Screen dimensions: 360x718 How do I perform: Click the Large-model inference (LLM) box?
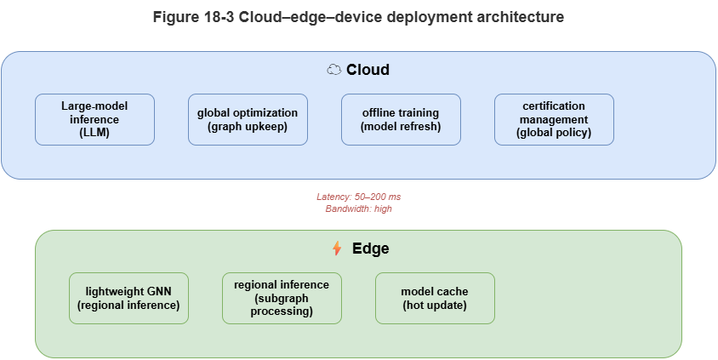94,119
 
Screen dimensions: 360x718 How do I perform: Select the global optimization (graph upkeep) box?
248,119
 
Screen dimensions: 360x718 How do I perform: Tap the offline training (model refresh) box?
401,119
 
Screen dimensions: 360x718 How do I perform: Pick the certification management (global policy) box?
554,119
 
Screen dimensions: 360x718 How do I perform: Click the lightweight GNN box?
128,298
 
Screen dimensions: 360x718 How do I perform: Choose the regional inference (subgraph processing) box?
282,298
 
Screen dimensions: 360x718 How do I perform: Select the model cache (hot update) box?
435,298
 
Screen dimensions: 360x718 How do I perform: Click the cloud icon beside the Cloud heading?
334,70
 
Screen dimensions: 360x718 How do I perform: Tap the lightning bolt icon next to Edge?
337,249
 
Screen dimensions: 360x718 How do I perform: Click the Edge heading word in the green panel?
371,249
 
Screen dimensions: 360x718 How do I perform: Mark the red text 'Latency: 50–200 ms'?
358,197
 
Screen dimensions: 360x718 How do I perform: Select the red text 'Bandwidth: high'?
358,209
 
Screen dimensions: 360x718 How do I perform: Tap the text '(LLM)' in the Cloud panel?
94,133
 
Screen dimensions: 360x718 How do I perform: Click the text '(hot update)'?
435,305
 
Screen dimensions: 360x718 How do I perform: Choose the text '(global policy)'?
554,133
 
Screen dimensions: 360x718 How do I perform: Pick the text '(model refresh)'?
401,127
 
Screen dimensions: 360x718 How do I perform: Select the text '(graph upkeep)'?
248,127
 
